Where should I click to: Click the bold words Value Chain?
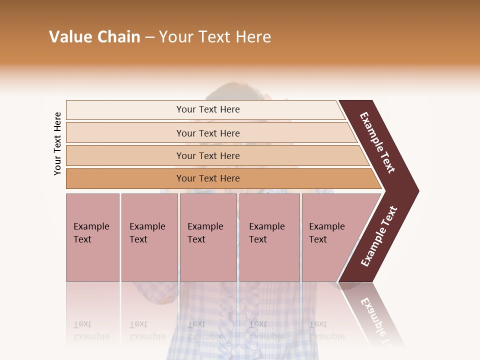point(94,37)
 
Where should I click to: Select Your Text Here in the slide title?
point(215,37)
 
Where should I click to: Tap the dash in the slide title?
point(149,37)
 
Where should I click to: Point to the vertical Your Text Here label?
point(57,144)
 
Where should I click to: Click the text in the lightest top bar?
point(208,109)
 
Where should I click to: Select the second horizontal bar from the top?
point(208,133)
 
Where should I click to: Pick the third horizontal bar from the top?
point(208,155)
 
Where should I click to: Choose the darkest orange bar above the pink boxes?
point(208,178)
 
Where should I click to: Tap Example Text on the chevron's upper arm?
point(378,142)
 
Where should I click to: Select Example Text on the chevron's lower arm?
point(379,236)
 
